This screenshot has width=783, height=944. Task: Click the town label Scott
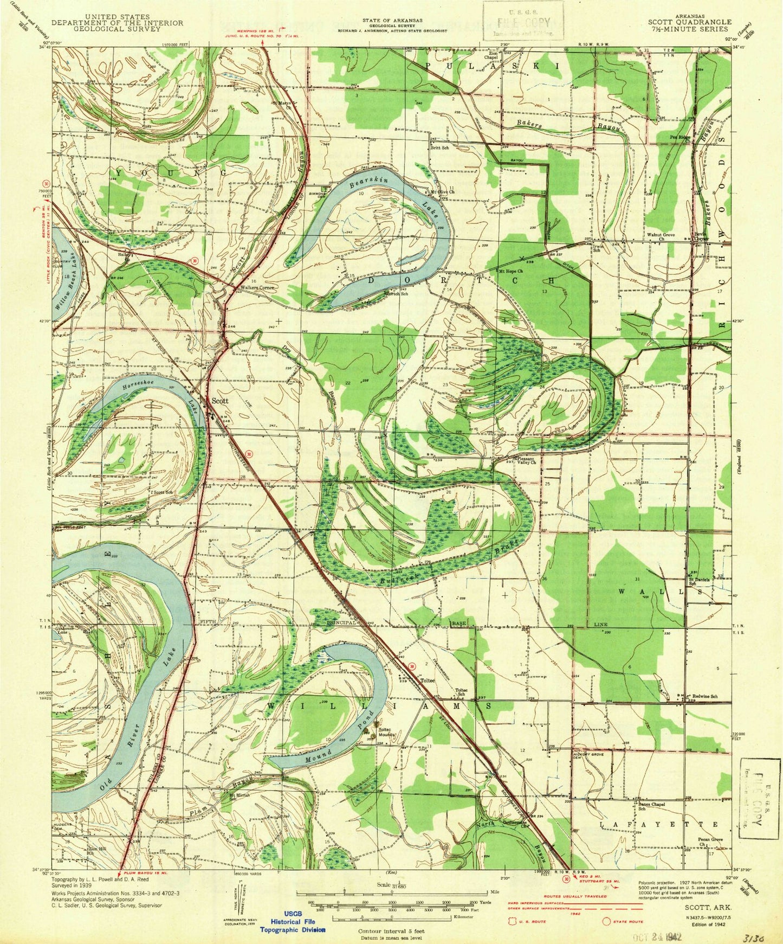pyautogui.click(x=219, y=401)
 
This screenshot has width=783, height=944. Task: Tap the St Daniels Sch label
pyautogui.click(x=700, y=581)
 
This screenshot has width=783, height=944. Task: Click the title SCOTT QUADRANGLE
pyautogui.click(x=689, y=22)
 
